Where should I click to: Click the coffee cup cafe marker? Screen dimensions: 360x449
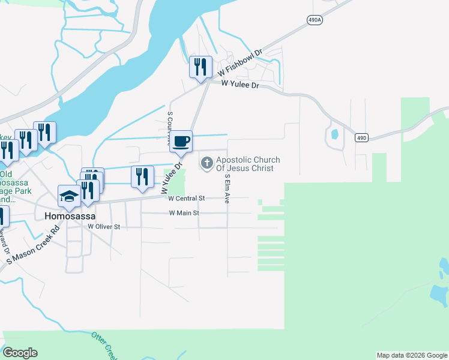tap(181, 140)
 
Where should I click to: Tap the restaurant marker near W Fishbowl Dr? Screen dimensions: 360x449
tap(200, 67)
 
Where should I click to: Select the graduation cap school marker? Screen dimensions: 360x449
tap(68, 196)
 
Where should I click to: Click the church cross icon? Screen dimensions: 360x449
tap(207, 162)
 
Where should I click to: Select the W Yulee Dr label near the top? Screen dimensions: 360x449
tap(240, 85)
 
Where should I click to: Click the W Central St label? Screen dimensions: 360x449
tap(187, 198)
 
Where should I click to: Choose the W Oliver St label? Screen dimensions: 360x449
tap(104, 227)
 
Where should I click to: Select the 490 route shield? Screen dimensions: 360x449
tap(361, 138)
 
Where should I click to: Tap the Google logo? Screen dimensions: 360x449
tap(20, 353)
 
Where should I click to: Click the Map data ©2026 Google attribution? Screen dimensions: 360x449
tap(412, 355)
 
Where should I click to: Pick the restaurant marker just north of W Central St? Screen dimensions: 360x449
tap(142, 176)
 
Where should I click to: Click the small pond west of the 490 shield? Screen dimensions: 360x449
tap(334, 133)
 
